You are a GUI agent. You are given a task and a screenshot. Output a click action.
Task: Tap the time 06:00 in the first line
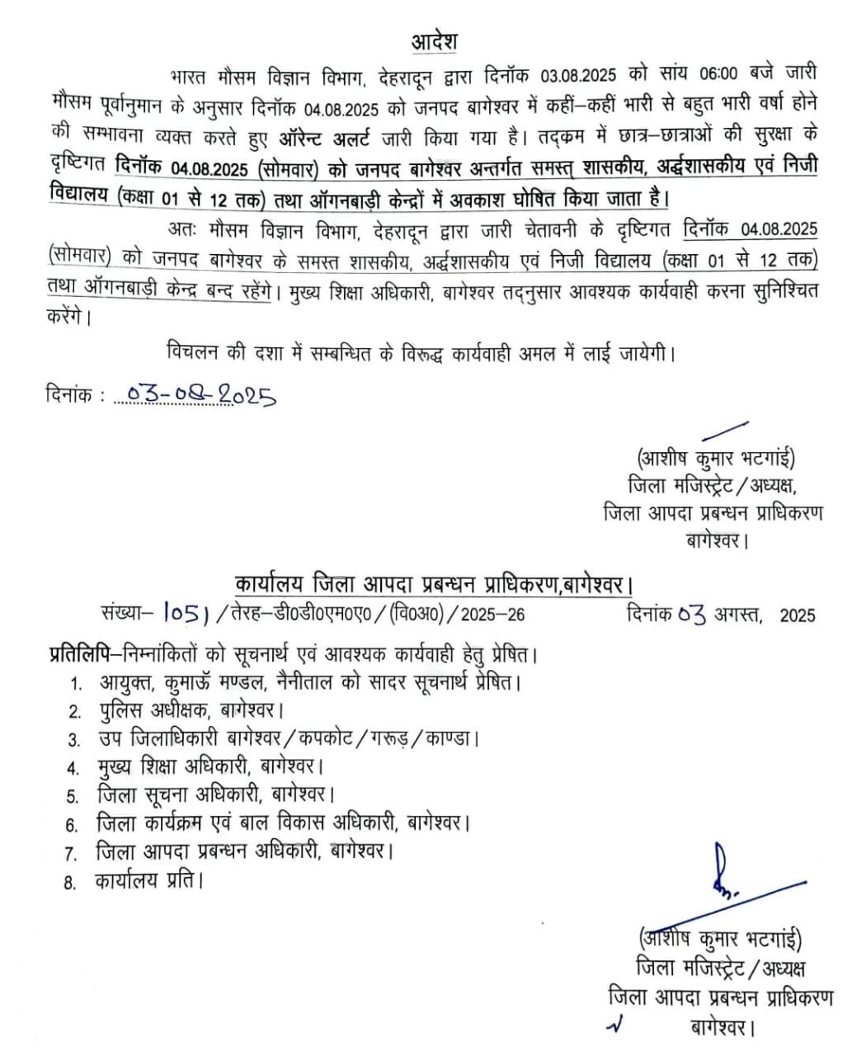click(x=718, y=75)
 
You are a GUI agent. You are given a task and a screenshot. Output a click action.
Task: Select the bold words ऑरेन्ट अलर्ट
click(x=321, y=136)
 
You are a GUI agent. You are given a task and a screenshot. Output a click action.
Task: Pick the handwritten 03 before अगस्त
click(x=691, y=614)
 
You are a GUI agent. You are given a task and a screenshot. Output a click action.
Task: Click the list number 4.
click(x=74, y=769)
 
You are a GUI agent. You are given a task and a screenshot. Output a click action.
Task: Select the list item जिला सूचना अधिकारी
click(x=214, y=795)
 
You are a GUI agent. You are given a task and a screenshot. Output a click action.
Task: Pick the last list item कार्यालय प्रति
click(x=149, y=880)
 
